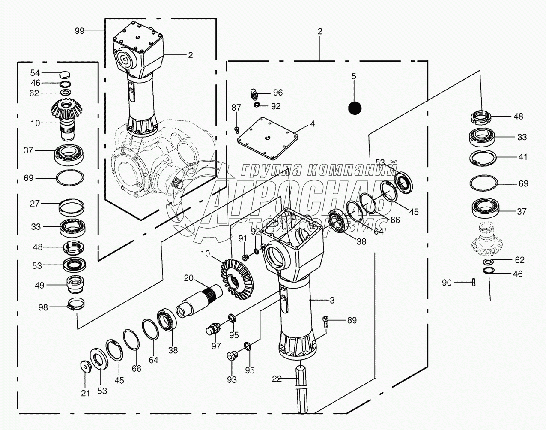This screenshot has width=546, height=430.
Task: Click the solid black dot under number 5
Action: tap(355, 108)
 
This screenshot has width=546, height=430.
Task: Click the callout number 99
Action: tap(79, 30)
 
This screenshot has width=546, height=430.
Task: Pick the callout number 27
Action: tap(35, 204)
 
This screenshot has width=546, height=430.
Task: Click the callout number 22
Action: tap(277, 379)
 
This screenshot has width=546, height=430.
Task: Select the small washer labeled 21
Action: tap(86, 367)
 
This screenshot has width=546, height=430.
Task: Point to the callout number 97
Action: tap(216, 346)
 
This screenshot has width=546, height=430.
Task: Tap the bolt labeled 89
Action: tap(326, 321)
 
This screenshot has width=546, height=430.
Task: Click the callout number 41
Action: tap(522, 157)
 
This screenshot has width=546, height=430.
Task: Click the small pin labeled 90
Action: tap(473, 282)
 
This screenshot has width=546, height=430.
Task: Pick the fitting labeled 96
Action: tap(254, 93)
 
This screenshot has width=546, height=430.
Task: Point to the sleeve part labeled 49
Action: tap(75, 284)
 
